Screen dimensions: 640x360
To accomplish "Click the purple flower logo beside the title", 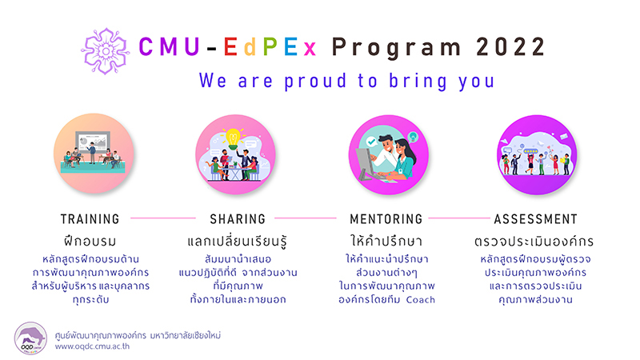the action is pos(106,51).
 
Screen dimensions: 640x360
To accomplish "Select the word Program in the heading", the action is pos(396,48).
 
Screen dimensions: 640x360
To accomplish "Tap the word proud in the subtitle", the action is pos(315,82).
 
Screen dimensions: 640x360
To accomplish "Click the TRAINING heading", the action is pos(90,219).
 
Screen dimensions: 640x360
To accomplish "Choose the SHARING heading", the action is pos(238,219).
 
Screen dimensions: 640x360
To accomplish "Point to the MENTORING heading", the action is pos(386,219).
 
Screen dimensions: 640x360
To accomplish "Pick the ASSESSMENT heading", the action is pos(535,219).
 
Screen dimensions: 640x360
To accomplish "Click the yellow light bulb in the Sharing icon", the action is pos(233,138).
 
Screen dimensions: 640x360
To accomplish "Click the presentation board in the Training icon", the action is pos(93,142).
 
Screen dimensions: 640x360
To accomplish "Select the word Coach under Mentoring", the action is pos(421,299).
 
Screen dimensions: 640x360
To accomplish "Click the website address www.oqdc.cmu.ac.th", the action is pos(92,346).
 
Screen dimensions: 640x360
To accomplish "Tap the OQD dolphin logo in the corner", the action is pos(30,338).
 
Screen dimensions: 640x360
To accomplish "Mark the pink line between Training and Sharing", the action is pos(163,218).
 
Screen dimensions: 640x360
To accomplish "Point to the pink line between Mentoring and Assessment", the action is pos(458,218).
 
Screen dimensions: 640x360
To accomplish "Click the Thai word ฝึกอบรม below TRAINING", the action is pos(90,241).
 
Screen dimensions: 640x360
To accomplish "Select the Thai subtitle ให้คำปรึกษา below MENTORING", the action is pos(386,241).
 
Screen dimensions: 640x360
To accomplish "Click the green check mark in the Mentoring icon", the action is pos(371,142).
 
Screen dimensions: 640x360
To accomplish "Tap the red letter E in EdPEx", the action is pos(230,47).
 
